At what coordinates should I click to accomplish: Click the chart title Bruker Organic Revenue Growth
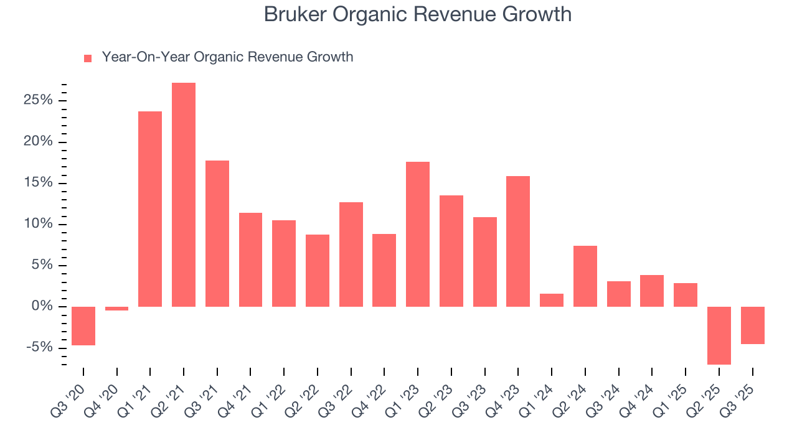[417, 14]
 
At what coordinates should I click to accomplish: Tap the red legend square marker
[88, 58]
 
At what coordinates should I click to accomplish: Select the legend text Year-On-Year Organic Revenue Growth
[227, 57]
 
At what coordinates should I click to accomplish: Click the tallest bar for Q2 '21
[184, 194]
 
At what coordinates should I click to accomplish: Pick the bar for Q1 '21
[150, 208]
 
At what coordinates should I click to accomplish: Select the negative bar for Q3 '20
[83, 325]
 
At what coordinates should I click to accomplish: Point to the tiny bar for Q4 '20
[116, 308]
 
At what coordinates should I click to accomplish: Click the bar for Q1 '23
[418, 234]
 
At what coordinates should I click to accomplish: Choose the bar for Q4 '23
[518, 241]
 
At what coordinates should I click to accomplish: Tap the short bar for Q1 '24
[552, 300]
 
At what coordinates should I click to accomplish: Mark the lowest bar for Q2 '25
[719, 335]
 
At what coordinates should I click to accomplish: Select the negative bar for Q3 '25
[752, 325]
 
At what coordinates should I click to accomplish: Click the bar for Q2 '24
[585, 276]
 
